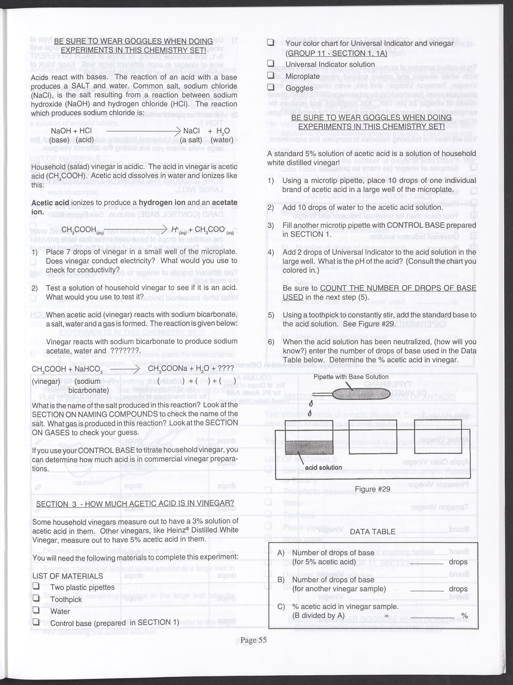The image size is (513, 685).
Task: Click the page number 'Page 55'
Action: pyautogui.click(x=253, y=640)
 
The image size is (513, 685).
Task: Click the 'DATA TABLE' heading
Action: pyautogui.click(x=373, y=531)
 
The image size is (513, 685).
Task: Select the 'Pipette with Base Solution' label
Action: pyautogui.click(x=351, y=377)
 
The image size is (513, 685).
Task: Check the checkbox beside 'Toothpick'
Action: pyautogui.click(x=36, y=599)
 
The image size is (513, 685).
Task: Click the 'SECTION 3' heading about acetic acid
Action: pyautogui.click(x=135, y=503)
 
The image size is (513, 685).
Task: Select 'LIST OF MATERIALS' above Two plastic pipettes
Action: pyautogui.click(x=68, y=576)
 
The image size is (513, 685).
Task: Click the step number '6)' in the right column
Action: pyautogui.click(x=271, y=342)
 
